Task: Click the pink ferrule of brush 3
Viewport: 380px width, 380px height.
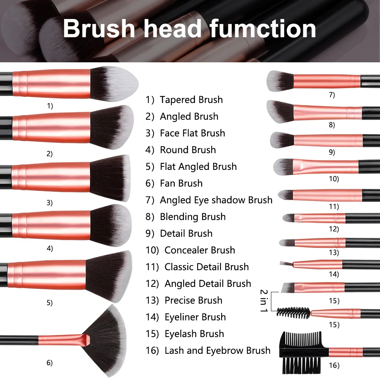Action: [x=51, y=177]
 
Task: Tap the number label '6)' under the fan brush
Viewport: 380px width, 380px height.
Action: [x=49, y=363]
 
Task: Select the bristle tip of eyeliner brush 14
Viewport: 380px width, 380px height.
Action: [x=284, y=263]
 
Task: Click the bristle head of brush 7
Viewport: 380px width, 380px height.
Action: [x=279, y=81]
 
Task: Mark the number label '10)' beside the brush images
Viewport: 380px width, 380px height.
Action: [x=334, y=179]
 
